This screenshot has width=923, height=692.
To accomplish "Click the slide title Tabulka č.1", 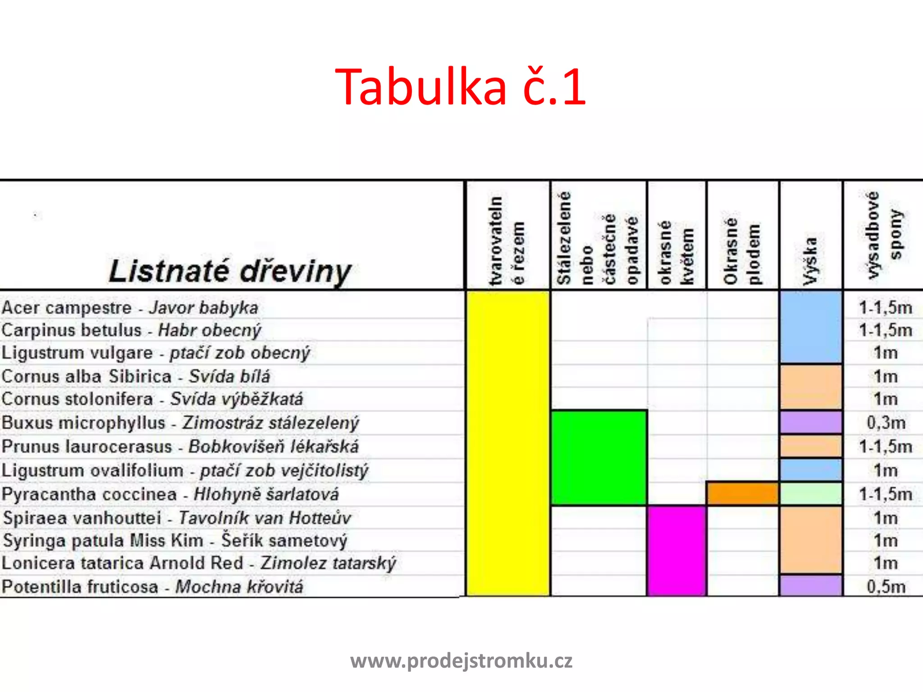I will (461, 86).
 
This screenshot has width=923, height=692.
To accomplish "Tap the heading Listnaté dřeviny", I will (230, 271).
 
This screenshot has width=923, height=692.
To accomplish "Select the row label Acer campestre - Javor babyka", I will (130, 308).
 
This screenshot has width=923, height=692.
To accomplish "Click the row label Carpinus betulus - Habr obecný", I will (131, 330).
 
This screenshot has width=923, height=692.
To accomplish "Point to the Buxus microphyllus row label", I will (180, 423).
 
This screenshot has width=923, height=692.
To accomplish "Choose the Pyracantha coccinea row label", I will (170, 494).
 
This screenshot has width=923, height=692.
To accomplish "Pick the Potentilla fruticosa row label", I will (152, 587).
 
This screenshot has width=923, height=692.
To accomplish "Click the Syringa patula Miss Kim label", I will (175, 541).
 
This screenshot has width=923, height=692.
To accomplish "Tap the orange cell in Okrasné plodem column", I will (743, 494).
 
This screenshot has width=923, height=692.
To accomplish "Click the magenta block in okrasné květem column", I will (676, 551).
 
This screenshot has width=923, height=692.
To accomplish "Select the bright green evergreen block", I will (599, 457).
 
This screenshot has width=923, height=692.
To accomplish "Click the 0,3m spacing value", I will (886, 423).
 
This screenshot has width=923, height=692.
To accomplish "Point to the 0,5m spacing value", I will (886, 587).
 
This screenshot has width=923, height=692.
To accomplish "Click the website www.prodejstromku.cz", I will (461, 661).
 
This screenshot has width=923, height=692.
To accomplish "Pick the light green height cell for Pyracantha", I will (810, 494).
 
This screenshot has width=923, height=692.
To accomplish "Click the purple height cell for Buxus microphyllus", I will (810, 423).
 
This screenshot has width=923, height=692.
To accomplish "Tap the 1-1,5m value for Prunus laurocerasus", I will (886, 446).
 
